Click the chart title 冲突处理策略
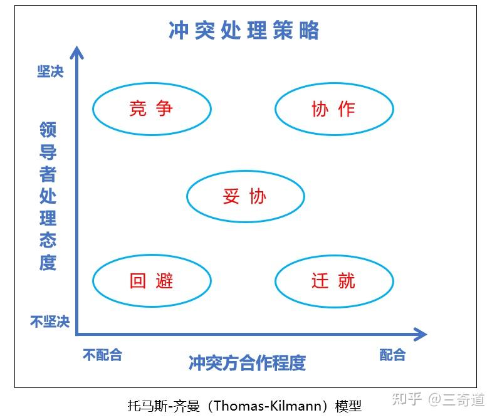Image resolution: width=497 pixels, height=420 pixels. (x=244, y=31)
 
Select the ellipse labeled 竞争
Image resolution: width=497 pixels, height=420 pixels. (x=152, y=83)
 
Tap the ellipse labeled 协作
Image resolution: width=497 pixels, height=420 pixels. (x=335, y=83)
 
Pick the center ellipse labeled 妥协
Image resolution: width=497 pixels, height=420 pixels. (x=246, y=172)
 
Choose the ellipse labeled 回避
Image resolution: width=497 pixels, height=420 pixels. (x=152, y=255)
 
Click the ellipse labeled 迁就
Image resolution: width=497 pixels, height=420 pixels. (x=335, y=256)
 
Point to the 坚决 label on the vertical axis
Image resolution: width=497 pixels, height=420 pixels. (x=50, y=71)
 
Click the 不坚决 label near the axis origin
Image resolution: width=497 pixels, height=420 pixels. (x=50, y=322)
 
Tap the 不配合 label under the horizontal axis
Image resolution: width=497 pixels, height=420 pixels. (x=102, y=355)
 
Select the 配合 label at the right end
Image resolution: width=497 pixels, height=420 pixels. (x=392, y=355)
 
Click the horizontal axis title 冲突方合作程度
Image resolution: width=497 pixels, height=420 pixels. (x=247, y=362)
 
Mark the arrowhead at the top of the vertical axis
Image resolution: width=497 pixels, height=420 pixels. (x=76, y=53)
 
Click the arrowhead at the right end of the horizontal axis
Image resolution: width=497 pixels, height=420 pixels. (x=421, y=334)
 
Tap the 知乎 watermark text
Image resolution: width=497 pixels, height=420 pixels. (x=407, y=399)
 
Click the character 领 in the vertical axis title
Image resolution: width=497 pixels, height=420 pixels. (x=48, y=130)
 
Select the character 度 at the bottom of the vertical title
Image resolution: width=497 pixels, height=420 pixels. (x=48, y=263)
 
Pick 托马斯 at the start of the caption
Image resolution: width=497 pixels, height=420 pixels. (x=147, y=406)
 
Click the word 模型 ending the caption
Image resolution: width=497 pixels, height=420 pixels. (x=348, y=406)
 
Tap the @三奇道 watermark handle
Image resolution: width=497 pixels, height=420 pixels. (x=456, y=399)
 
